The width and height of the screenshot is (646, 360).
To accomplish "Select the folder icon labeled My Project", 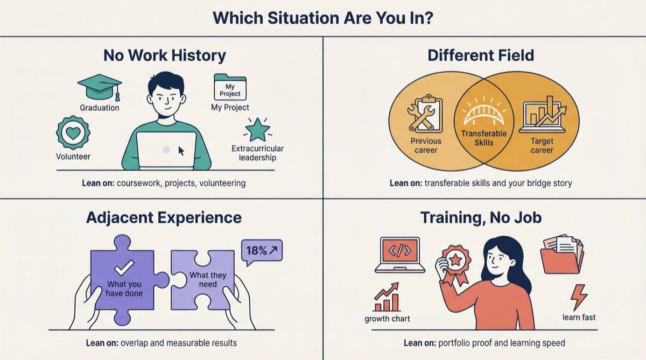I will [230, 87].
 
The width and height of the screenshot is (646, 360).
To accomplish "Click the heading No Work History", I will [165, 55].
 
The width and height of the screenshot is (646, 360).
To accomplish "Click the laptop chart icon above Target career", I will [542, 115].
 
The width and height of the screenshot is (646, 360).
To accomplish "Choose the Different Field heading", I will [481, 55].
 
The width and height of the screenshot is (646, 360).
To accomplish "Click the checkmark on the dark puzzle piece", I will [125, 267].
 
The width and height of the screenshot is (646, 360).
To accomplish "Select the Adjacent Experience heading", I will [164, 217].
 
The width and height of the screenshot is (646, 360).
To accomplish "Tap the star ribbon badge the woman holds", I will [455, 261].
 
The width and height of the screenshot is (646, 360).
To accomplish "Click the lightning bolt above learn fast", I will [579, 297].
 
